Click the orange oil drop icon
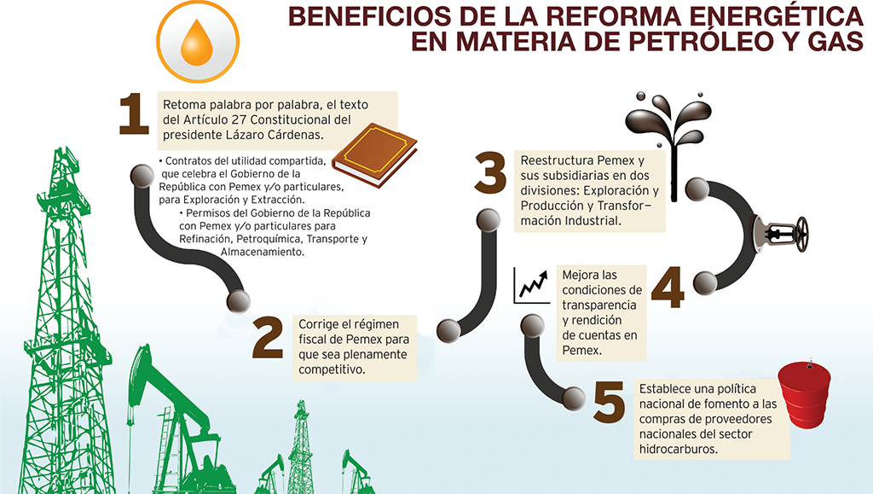coord(197,42)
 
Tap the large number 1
coord(134,113)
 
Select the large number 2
coord(267,337)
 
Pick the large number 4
coord(667,287)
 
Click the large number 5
coord(609,401)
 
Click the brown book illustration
coord(374,154)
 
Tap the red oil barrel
coord(804,393)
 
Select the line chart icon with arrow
coord(532,286)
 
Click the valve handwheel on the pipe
coord(802,234)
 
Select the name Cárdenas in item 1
coord(295,135)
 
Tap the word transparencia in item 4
coord(599,305)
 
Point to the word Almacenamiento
coord(263,253)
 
